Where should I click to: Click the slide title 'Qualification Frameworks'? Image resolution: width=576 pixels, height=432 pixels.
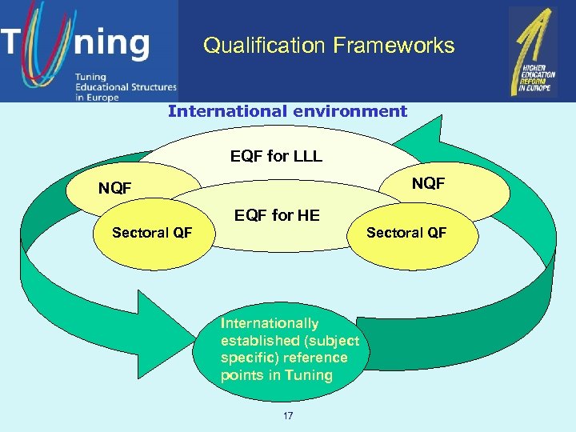click(329, 46)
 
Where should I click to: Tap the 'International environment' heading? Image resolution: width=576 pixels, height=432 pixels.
click(287, 111)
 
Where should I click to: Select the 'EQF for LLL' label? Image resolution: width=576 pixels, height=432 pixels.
click(276, 156)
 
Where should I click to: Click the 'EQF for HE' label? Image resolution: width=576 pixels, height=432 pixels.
click(276, 214)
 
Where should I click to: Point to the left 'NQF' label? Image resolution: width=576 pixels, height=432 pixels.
click(114, 189)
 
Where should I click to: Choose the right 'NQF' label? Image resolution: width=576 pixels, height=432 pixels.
click(428, 184)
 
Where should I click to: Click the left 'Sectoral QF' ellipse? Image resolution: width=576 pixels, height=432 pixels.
click(152, 233)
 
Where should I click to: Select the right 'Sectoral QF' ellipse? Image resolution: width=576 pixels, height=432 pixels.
click(406, 233)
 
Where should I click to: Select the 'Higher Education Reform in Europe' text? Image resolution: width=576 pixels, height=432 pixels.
click(534, 81)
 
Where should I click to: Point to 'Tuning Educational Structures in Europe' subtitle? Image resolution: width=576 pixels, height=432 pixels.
click(124, 86)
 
